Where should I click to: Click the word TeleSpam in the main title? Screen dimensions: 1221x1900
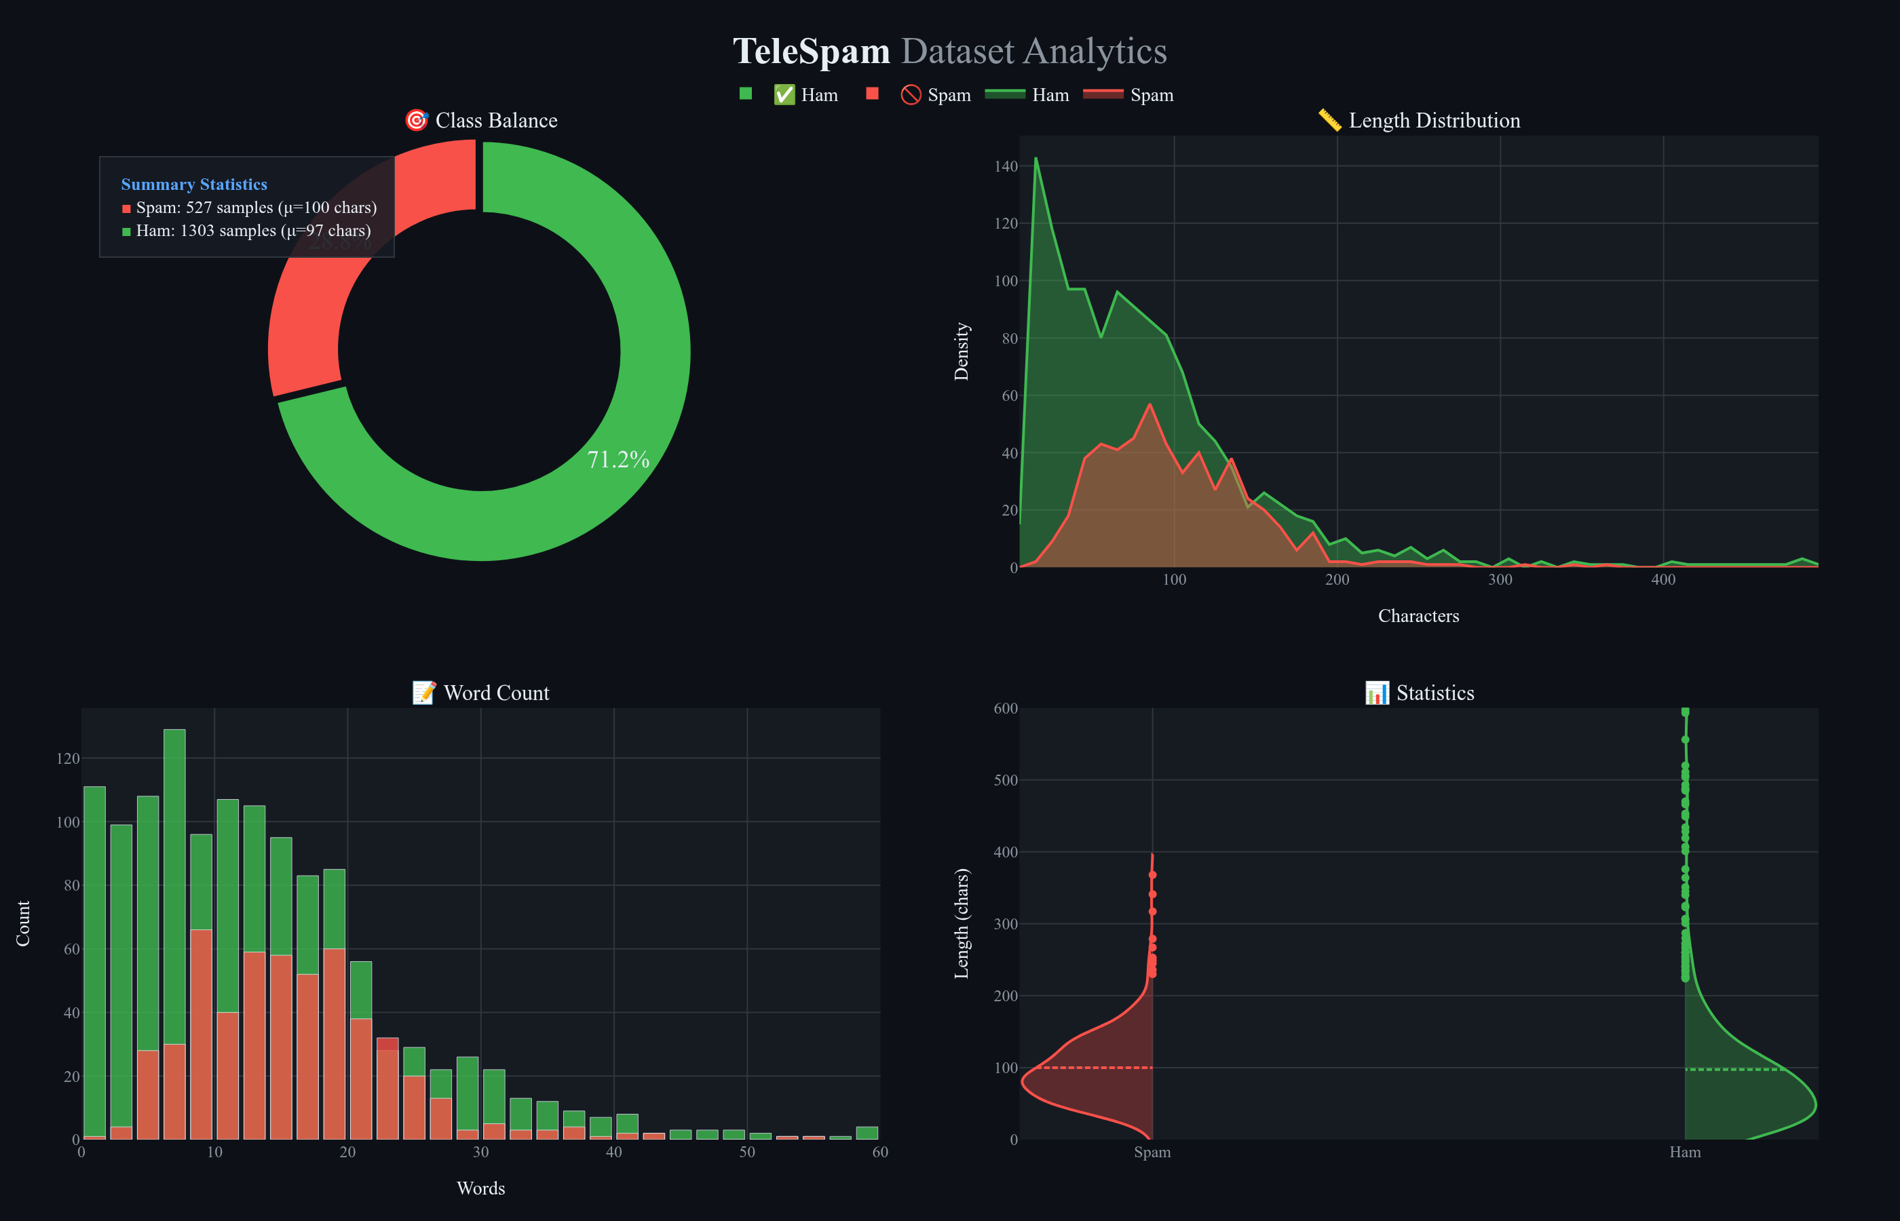click(x=810, y=52)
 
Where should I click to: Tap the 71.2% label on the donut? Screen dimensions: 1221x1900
click(x=617, y=460)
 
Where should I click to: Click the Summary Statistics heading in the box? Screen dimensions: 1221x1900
click(x=193, y=184)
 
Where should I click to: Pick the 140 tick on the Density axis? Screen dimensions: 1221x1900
click(x=1005, y=166)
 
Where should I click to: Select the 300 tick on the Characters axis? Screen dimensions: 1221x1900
click(x=1500, y=579)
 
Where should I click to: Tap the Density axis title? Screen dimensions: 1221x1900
click(x=961, y=351)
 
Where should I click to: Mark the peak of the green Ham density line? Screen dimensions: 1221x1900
click(x=1035, y=159)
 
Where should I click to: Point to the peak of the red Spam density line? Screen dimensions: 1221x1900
click(x=1149, y=404)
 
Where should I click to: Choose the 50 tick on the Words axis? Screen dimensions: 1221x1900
click(x=746, y=1152)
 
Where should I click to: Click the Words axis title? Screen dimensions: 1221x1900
click(x=480, y=1188)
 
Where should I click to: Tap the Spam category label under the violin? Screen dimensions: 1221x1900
click(x=1152, y=1152)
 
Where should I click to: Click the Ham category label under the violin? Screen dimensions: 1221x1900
click(x=1684, y=1152)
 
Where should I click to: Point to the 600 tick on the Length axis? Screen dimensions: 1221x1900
click(x=1005, y=708)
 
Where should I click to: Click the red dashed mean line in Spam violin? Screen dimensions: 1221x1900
click(x=1095, y=1067)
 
